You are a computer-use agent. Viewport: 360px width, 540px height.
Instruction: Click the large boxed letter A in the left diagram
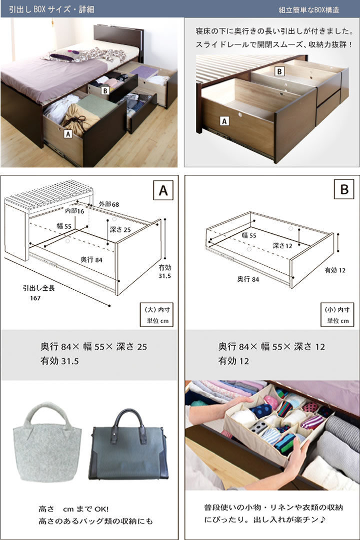(x=163, y=190)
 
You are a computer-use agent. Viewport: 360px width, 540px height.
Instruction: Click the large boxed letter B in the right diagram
(x=344, y=189)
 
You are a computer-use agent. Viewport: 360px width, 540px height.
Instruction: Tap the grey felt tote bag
(x=47, y=442)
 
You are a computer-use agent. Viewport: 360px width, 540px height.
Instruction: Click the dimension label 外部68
(x=109, y=204)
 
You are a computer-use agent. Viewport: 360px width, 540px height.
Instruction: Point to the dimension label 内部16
(x=74, y=211)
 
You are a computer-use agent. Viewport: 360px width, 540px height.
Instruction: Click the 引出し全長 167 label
(x=38, y=293)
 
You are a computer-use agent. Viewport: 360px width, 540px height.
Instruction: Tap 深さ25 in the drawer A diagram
(x=120, y=230)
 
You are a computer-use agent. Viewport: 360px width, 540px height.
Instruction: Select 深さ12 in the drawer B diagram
(x=282, y=246)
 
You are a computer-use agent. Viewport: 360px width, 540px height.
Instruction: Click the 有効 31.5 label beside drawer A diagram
(x=165, y=271)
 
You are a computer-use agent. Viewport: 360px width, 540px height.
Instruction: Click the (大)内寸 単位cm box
(x=156, y=315)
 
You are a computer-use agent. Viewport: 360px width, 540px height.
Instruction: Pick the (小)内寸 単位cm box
(x=337, y=315)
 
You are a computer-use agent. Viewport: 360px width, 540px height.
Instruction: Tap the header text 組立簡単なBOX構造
(x=309, y=10)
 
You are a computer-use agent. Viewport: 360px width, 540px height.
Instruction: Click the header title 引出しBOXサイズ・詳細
(x=51, y=9)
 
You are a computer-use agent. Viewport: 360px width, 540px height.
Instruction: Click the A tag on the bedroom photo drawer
(x=68, y=133)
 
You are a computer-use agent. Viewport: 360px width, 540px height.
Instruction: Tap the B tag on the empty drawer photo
(x=279, y=71)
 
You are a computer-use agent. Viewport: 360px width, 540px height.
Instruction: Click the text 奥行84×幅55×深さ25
(x=94, y=347)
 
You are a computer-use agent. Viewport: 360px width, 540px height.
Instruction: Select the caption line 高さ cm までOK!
(x=73, y=509)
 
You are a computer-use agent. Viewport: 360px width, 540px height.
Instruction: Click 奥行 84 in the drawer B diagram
(x=248, y=279)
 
